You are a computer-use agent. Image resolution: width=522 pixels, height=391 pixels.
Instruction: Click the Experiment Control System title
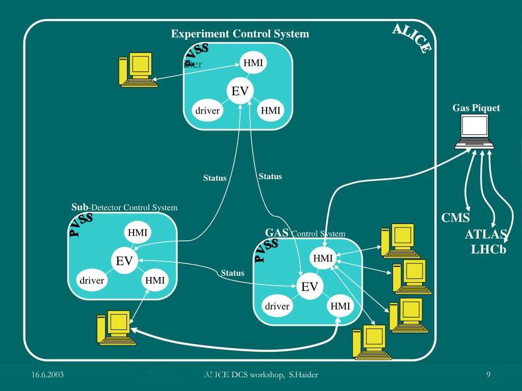point(240,34)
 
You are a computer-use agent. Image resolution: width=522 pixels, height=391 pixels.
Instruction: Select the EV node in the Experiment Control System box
point(240,91)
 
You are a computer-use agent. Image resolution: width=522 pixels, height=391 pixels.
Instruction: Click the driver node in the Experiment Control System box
point(207,110)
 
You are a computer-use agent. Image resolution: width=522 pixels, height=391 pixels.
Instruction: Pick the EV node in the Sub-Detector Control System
point(124,261)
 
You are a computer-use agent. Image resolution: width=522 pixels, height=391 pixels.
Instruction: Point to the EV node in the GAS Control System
point(309,287)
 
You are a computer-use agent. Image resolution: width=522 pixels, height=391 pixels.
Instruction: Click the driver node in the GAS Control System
point(277,306)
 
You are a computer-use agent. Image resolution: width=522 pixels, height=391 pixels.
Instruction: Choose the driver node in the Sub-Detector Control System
point(92,281)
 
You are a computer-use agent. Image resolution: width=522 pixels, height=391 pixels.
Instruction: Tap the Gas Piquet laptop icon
point(474,131)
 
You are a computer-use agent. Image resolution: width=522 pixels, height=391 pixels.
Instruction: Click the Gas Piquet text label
point(476,108)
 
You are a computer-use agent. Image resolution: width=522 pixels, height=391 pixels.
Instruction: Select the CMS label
point(455,218)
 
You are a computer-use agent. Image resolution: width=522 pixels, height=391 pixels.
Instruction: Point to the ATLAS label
point(486,235)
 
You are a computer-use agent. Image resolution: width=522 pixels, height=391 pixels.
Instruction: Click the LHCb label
point(488,250)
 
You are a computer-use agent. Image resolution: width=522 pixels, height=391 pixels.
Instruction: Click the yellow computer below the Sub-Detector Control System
point(115,329)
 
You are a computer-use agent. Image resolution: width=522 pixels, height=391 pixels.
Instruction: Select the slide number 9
point(488,375)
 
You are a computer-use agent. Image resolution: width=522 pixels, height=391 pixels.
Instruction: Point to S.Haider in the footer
point(304,375)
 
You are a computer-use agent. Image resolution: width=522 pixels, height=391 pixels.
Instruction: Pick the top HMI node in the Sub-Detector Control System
point(138,233)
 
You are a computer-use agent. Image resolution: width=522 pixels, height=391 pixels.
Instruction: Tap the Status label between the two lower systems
point(232,273)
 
